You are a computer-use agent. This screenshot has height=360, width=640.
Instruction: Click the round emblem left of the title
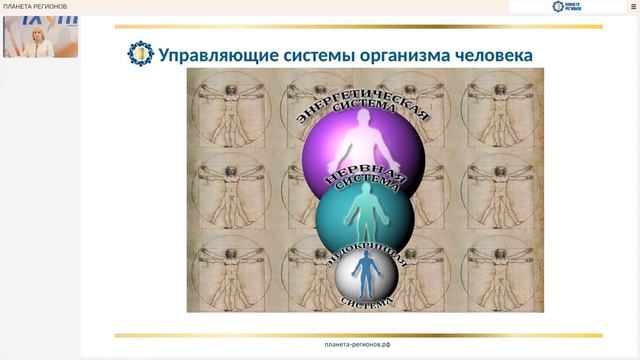141,54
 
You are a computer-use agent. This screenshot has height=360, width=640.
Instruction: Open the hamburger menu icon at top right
632,7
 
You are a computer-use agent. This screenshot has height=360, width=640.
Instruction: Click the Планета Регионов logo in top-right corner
568,7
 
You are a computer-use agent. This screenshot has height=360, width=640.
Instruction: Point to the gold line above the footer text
357,335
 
